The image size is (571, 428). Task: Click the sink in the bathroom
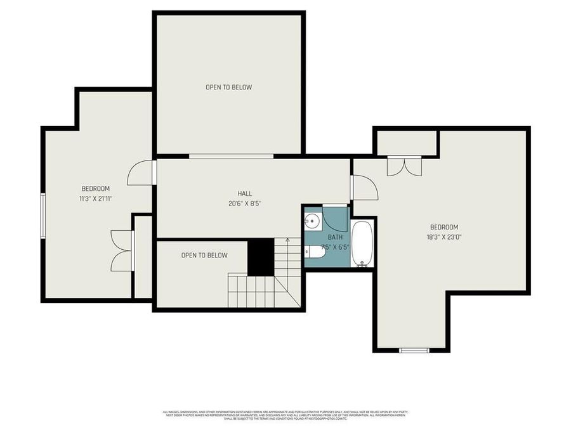[312, 221]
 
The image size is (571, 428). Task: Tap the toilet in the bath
[315, 252]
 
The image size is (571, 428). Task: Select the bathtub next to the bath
[362, 243]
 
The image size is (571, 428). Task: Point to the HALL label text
[244, 193]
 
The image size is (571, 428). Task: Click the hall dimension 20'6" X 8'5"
[244, 204]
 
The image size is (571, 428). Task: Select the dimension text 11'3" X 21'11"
[95, 198]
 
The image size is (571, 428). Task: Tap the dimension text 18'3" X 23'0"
[444, 237]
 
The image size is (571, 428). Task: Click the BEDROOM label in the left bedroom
[95, 188]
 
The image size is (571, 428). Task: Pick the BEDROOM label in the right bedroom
[444, 227]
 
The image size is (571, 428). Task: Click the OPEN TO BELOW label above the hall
[228, 87]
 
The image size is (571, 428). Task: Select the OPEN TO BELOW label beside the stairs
[204, 256]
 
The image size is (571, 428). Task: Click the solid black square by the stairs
[260, 257]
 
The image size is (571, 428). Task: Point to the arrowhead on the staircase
[287, 240]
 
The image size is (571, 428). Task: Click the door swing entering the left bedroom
[141, 173]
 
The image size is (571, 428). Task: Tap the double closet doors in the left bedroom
[121, 250]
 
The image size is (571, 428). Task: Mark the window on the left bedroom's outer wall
[43, 216]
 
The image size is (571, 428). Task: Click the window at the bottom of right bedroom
[414, 350]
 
